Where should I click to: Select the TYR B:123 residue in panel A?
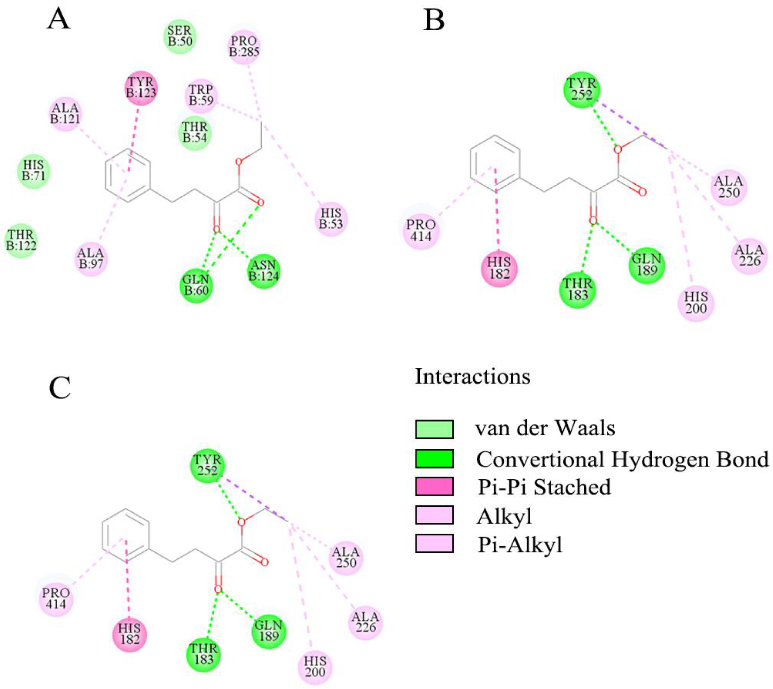(x=141, y=87)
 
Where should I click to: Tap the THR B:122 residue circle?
(x=21, y=240)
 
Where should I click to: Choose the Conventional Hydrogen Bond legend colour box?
(x=434, y=458)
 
